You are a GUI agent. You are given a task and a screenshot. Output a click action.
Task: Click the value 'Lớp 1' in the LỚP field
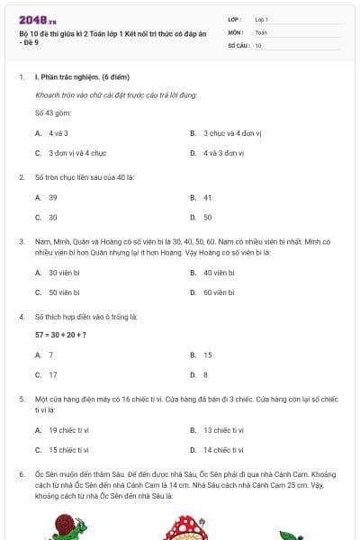tap(262, 19)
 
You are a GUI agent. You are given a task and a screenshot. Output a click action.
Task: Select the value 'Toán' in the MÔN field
tap(261, 31)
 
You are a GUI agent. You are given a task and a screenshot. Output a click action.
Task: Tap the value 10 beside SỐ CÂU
tap(258, 45)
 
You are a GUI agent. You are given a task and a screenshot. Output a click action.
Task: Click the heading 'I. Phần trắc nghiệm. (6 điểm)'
tap(82, 77)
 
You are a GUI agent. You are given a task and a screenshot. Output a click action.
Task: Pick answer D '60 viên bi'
tap(219, 292)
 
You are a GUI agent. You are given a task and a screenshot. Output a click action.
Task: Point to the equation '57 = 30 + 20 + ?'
tap(60, 335)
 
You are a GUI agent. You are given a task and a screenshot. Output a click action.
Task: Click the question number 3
tap(22, 241)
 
